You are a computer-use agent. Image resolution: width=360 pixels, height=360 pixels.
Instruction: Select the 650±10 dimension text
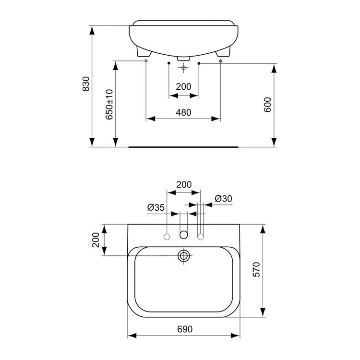click(x=109, y=104)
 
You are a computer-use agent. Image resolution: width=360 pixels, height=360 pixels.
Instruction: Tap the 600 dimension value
click(x=267, y=105)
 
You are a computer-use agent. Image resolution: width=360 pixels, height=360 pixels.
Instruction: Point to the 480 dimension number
click(x=183, y=112)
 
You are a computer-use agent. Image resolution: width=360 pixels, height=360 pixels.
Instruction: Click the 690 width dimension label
click(x=185, y=329)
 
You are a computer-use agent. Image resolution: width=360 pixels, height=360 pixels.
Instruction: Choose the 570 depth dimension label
click(x=256, y=270)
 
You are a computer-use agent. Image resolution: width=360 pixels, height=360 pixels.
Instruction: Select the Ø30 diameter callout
click(x=223, y=198)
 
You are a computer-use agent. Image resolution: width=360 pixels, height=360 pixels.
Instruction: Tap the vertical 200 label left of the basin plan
click(x=96, y=240)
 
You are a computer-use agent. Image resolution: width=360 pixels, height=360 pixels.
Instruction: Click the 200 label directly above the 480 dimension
click(x=183, y=87)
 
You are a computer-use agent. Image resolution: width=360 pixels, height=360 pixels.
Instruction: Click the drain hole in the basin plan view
click(x=183, y=255)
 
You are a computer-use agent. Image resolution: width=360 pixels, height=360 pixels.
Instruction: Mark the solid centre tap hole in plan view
click(x=183, y=235)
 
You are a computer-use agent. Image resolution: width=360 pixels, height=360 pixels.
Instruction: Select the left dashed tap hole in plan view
click(x=167, y=236)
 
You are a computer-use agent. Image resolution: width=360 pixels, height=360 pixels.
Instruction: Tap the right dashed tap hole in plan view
click(x=201, y=236)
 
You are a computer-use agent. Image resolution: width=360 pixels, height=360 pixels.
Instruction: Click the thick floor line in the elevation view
click(x=185, y=147)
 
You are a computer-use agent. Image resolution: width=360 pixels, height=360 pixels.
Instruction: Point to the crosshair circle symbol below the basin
click(x=183, y=68)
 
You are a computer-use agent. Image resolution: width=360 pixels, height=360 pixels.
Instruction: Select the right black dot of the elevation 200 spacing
click(x=198, y=63)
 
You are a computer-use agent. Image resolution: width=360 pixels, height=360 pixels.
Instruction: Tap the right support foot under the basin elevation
click(x=223, y=54)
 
